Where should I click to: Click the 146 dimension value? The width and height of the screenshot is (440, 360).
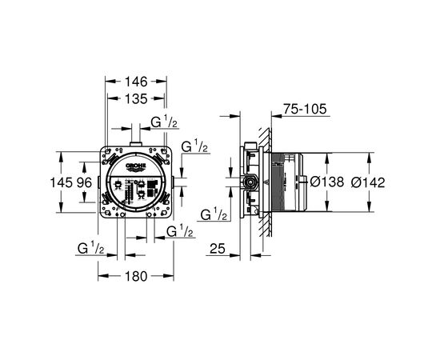[x=136, y=82]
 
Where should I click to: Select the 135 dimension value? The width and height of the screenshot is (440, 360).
[x=136, y=98]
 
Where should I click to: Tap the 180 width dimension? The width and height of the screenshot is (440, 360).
[x=136, y=276]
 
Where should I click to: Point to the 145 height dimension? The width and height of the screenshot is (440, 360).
[x=61, y=183]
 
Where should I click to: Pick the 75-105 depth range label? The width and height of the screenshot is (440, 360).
[x=305, y=109]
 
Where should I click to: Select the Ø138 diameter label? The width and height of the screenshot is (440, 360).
[x=327, y=182]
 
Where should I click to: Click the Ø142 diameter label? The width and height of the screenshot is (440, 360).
[x=368, y=182]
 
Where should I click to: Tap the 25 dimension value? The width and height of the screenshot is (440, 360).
[x=218, y=248]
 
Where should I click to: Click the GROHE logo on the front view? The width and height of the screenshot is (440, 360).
[x=136, y=166]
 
